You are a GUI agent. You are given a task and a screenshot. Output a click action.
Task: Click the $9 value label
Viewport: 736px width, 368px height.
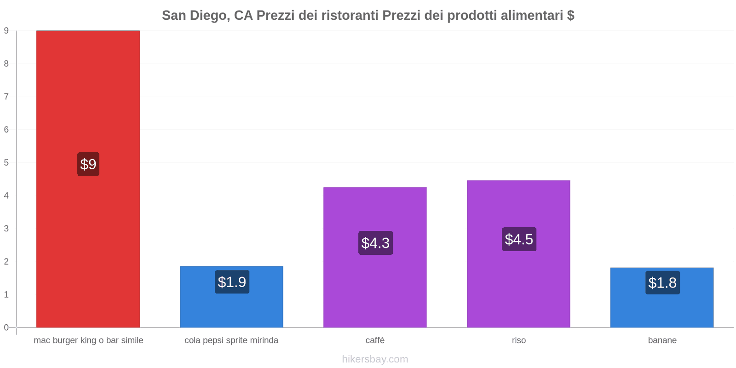coord(88,164)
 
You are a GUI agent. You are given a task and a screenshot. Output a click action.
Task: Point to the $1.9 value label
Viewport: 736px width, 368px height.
coord(232,282)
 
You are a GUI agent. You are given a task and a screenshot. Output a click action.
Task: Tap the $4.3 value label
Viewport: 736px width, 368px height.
coord(375,243)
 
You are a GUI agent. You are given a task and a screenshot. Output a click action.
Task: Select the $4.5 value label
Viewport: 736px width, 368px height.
coord(519,239)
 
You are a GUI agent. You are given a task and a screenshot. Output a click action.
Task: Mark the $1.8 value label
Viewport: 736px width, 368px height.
coord(662,283)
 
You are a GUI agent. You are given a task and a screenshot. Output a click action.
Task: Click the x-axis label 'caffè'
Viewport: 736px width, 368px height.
coord(375,340)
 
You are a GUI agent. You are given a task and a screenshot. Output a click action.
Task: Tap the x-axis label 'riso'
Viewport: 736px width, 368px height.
coord(518,340)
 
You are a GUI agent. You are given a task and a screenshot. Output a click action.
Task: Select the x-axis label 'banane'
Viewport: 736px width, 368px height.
coord(662,340)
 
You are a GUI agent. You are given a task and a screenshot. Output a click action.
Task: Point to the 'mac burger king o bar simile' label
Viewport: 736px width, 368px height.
coord(88,340)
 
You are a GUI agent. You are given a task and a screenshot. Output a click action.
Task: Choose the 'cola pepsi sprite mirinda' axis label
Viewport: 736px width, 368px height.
coord(231,340)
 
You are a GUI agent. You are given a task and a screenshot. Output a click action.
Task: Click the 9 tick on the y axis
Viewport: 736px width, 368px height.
coord(6,31)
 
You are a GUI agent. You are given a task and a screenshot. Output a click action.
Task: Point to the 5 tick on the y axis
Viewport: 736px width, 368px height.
coord(6,163)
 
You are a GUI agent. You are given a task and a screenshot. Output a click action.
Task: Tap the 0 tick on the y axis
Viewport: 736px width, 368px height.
coord(6,328)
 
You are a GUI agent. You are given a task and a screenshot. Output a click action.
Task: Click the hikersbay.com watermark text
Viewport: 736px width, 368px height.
coord(375,359)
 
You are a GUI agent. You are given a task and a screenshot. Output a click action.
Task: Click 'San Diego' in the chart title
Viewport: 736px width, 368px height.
coord(194,16)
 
